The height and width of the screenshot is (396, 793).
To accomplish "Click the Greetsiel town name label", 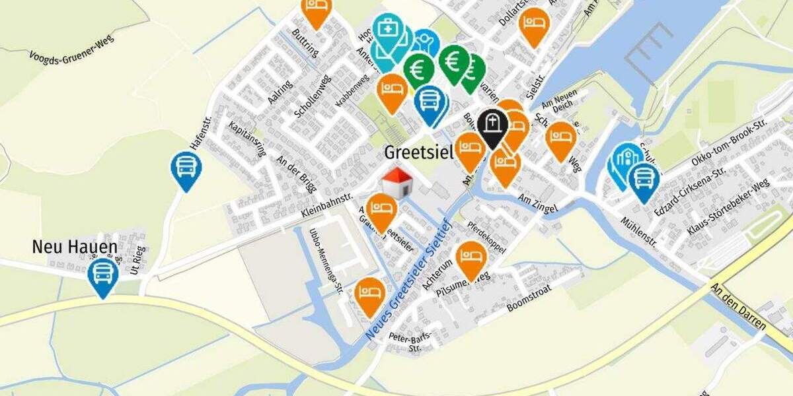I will (418, 153).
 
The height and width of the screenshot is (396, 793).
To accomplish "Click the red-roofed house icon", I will (398, 182).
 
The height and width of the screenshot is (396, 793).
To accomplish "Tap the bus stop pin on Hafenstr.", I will (186, 169).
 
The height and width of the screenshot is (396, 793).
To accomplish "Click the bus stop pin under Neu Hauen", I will (103, 275).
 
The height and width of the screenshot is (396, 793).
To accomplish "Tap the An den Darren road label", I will (738, 306).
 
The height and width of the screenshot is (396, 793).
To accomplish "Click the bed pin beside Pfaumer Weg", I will (471, 258).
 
